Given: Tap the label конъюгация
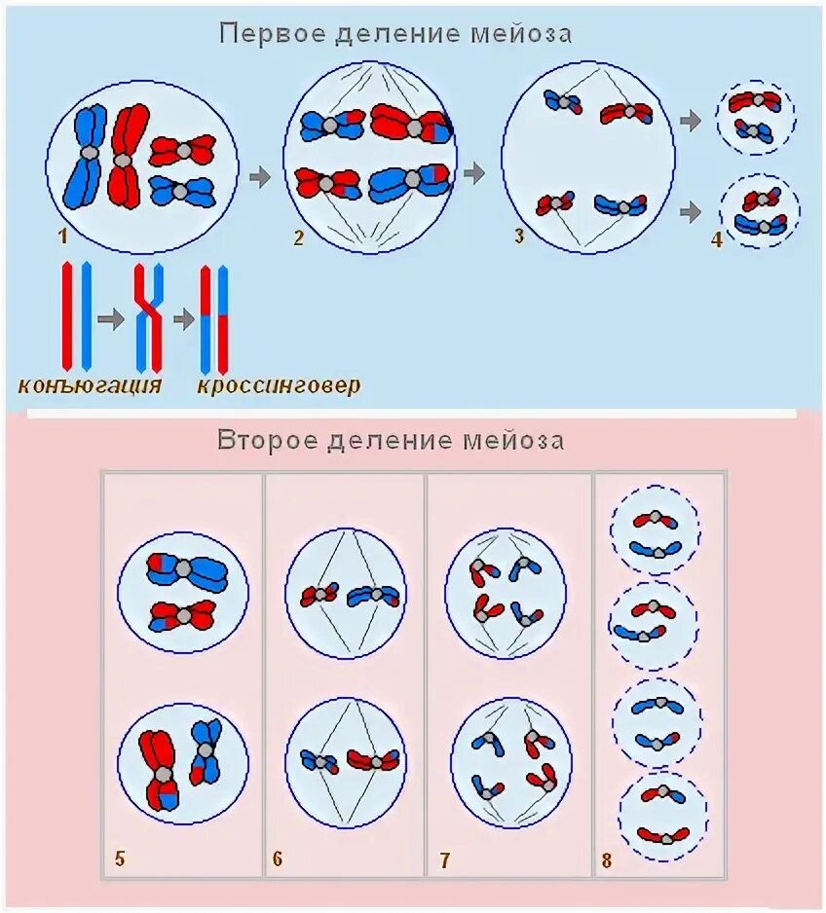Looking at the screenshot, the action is click(90, 385).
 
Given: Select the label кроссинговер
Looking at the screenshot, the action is click(279, 385).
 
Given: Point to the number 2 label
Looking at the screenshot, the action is click(299, 237).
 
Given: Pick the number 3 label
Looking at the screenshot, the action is click(519, 235).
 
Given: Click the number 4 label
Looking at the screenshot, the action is click(717, 238).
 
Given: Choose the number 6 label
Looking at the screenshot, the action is click(278, 858).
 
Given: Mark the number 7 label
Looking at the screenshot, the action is click(444, 859).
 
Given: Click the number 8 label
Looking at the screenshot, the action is click(607, 859).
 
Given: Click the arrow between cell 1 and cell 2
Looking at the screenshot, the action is click(260, 176).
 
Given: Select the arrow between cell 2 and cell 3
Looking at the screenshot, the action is click(474, 173).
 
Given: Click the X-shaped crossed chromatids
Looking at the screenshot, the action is click(148, 317).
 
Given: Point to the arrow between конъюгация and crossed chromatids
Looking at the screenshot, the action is click(112, 318).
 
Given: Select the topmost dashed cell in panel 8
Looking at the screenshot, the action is click(655, 530).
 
